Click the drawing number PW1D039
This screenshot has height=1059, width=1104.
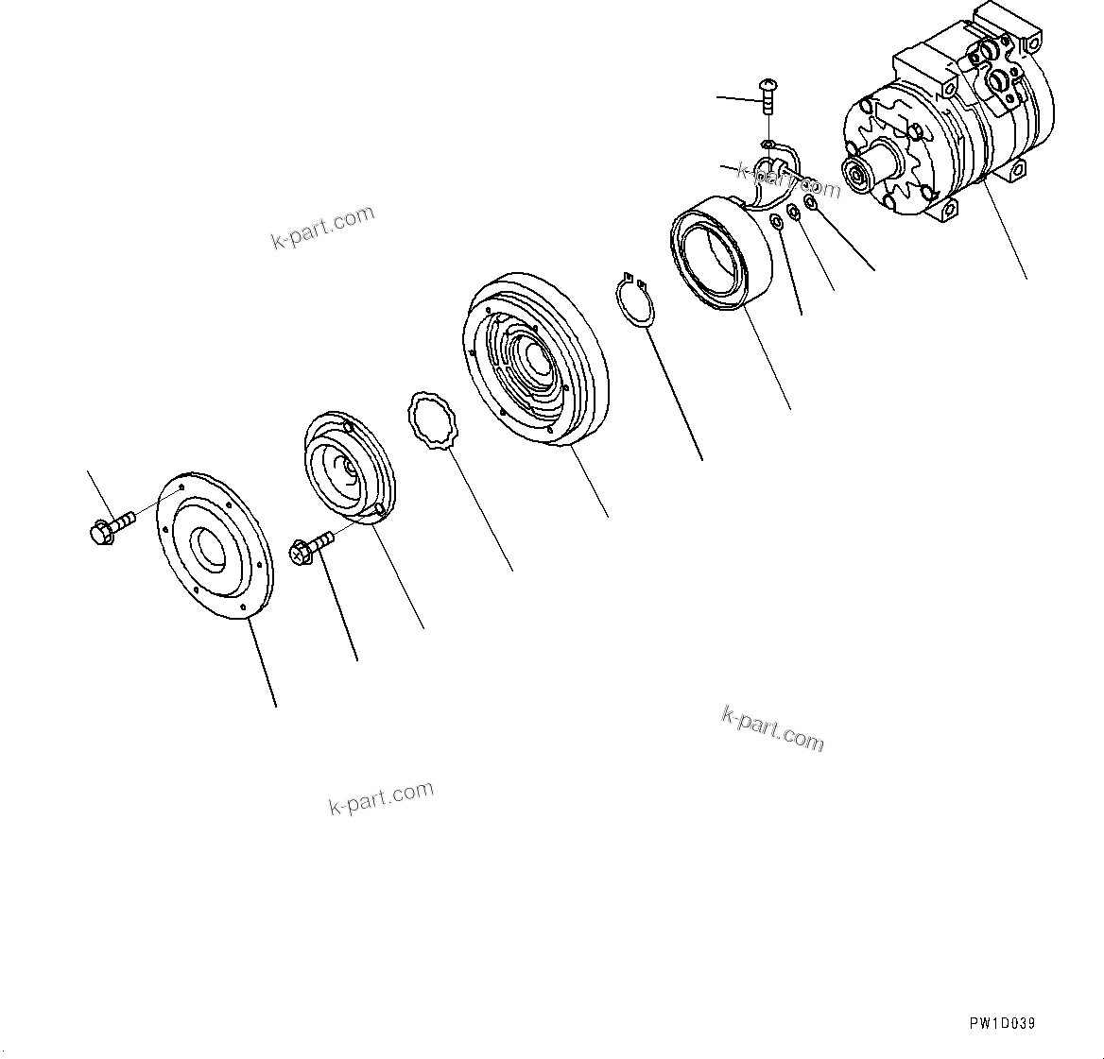[1001, 1023]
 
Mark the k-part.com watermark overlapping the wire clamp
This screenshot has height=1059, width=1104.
[787, 179]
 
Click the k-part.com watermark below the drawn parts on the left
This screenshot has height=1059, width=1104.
[381, 797]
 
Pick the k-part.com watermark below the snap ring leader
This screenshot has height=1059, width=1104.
[772, 728]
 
